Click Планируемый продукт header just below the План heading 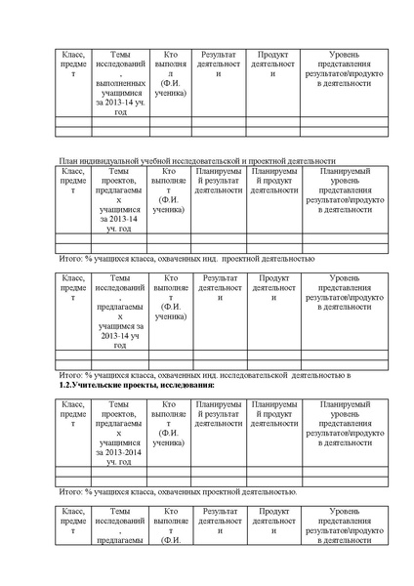click(x=273, y=181)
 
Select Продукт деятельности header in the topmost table click(x=273, y=61)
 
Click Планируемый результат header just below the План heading click(x=219, y=181)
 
